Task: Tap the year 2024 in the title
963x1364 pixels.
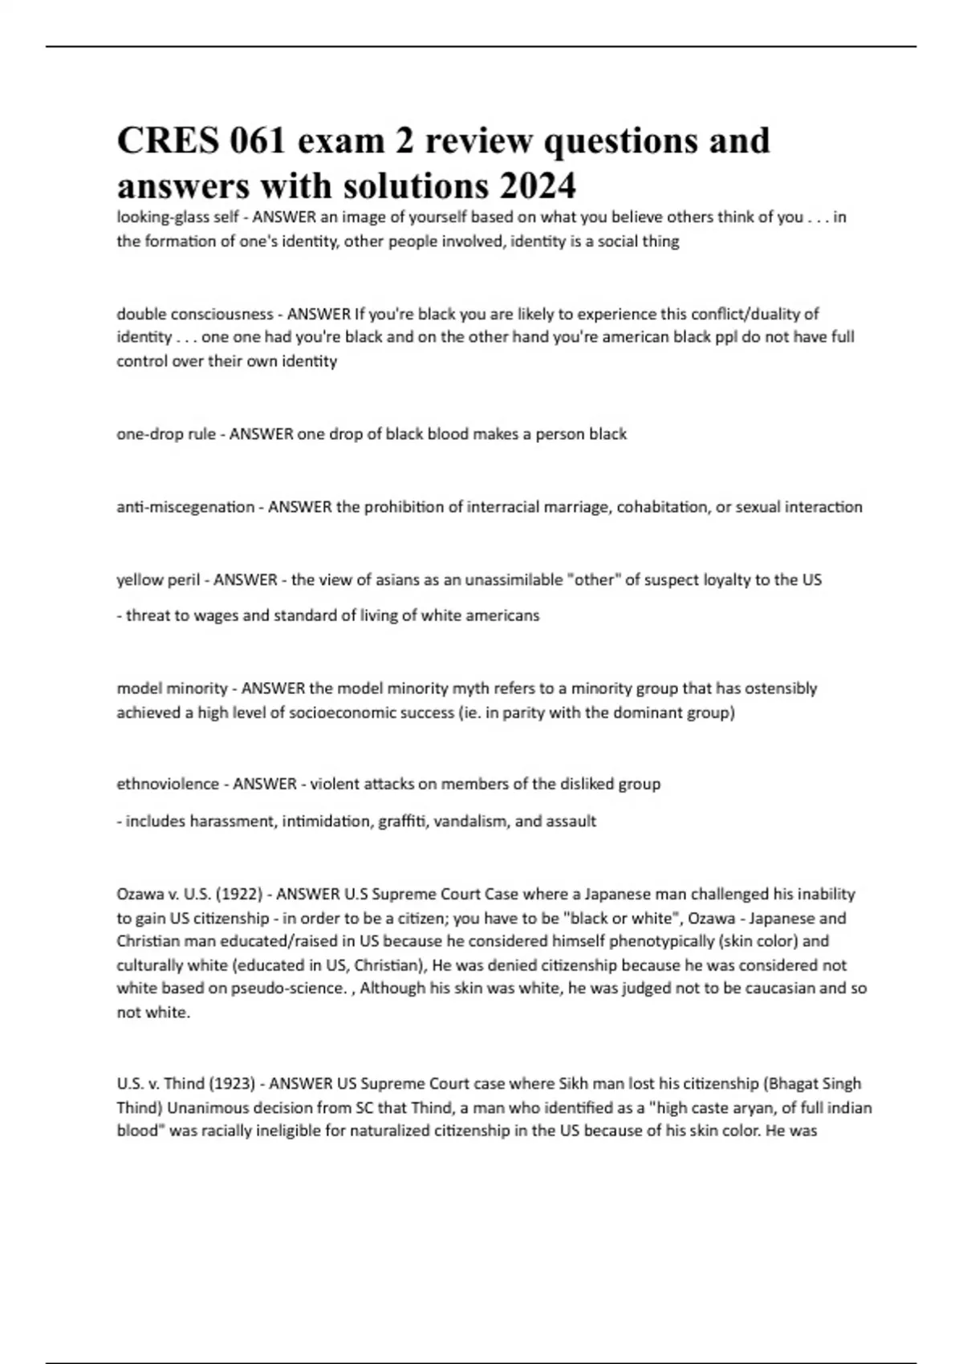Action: (x=537, y=186)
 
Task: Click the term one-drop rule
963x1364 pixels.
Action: (x=166, y=434)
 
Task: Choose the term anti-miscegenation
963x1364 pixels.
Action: (x=185, y=507)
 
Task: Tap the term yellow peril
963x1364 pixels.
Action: (x=158, y=579)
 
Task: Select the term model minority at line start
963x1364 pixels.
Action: (x=173, y=688)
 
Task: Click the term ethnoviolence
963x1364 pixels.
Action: (x=168, y=784)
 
